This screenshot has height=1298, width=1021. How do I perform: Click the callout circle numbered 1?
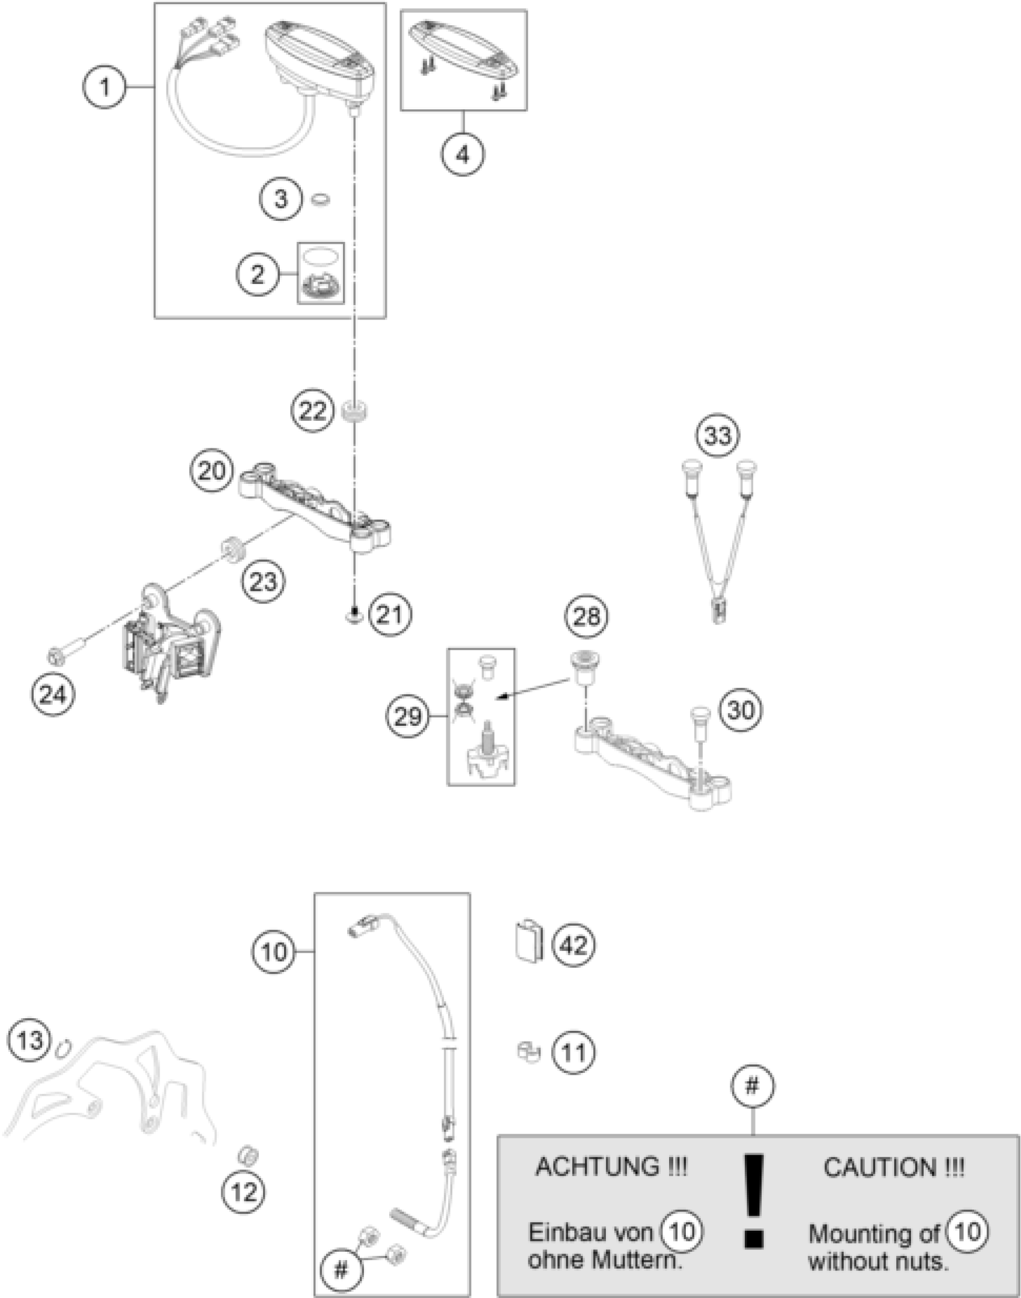pyautogui.click(x=105, y=88)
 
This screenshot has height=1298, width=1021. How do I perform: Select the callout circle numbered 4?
pyautogui.click(x=462, y=155)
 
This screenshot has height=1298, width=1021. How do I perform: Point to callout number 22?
pyautogui.click(x=312, y=411)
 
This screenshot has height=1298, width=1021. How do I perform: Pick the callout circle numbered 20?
pyautogui.click(x=211, y=471)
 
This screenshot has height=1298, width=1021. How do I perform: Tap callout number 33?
pyautogui.click(x=718, y=435)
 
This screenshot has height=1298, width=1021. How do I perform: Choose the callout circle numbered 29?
pyautogui.click(x=408, y=716)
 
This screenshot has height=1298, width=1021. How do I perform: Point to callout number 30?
pyautogui.click(x=741, y=710)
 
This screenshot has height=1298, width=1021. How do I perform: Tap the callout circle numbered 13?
pyautogui.click(x=30, y=1039)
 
